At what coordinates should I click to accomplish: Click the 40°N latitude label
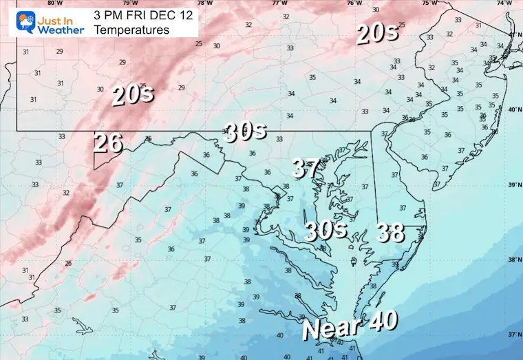point(513,110)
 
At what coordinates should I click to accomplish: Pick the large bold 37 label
point(306,167)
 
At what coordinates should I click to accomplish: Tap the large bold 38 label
point(390,233)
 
